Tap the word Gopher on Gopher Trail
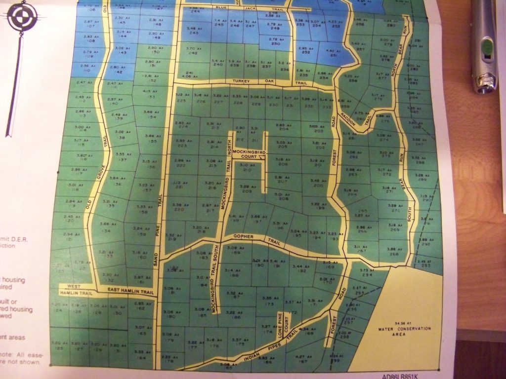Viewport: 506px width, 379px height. click(x=242, y=237)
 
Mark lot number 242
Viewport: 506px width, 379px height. click(x=193, y=53)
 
